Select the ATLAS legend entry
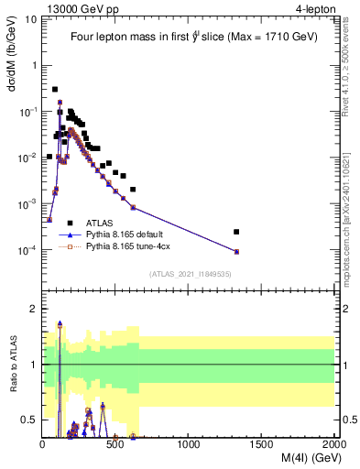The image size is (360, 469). click(101, 222)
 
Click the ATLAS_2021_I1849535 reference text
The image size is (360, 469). click(189, 273)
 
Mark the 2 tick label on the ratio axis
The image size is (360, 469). click(34, 310)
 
